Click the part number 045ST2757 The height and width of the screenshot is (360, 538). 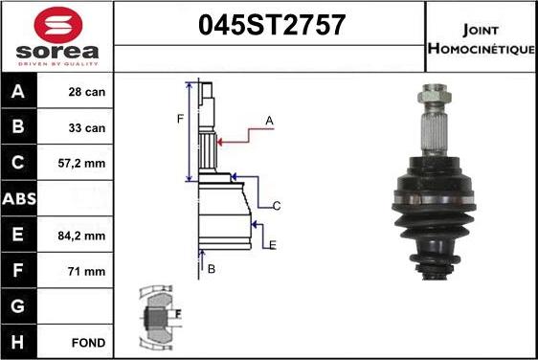272,25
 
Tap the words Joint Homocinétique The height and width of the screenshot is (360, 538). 482,39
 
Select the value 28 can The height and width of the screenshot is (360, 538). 87,92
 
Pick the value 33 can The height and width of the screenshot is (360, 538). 87,128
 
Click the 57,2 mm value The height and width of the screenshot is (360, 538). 81,164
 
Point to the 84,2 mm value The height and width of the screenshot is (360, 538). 81,236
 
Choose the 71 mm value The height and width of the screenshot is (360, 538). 86,272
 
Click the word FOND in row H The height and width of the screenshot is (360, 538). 88,343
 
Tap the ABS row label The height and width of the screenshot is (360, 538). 19,199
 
